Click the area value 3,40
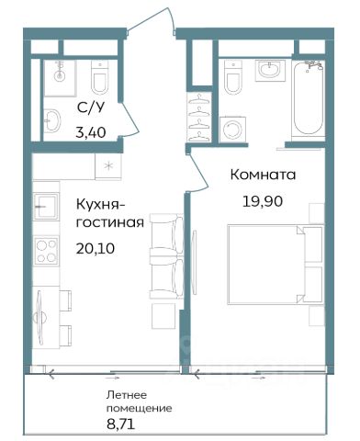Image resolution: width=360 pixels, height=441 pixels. coord(91,132)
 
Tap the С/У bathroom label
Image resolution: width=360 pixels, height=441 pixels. coord(91,107)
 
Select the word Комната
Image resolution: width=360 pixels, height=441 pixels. coord(263,175)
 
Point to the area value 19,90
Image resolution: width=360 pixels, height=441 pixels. coord(263,201)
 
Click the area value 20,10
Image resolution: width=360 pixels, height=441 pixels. coord(96,248)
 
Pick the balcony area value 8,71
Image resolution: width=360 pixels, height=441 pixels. coord(120,424)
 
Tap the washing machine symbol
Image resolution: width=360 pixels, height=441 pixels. coord(232,130)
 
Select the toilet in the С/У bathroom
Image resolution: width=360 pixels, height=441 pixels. coord(100,77)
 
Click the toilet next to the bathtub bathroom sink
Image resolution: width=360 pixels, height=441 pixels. coord(233,77)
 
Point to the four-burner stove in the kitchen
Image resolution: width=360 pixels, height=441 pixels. coord(46,251)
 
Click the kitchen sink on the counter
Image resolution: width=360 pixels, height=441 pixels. coord(46,206)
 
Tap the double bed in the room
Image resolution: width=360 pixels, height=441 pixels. coord(276,265)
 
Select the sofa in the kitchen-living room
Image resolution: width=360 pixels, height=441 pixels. coord(166,255)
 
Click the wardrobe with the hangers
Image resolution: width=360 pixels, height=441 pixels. coord(199,118)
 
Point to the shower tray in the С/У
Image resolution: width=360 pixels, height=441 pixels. coord(60,78)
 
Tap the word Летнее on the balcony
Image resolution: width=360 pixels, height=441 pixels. coord(127,395)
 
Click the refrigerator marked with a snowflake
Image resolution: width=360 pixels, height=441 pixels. coord(108,166)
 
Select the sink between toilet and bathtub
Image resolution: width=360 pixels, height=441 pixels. coord(270,70)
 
